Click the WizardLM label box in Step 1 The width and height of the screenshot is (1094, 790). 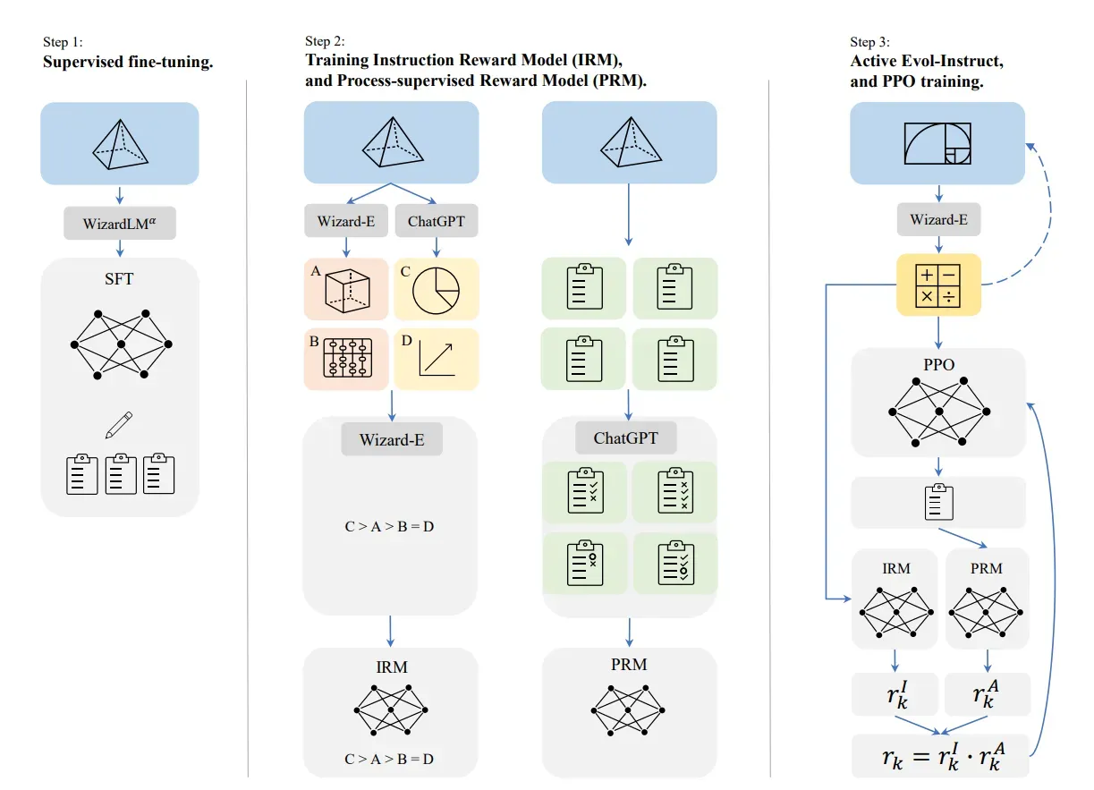120,223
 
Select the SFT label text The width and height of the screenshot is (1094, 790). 119,279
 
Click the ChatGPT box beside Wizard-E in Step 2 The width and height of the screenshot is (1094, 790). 436,221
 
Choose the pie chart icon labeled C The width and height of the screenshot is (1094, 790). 435,289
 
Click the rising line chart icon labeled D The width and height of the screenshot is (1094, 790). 437,360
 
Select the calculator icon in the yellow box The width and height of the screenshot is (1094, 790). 938,285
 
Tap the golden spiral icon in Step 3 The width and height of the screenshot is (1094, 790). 937,144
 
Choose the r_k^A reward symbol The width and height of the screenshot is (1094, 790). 987,694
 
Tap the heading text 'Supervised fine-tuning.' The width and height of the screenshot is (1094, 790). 128,64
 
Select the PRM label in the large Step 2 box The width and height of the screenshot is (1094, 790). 629,665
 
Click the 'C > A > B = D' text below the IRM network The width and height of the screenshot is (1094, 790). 389,759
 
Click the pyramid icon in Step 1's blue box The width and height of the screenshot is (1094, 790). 120,143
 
